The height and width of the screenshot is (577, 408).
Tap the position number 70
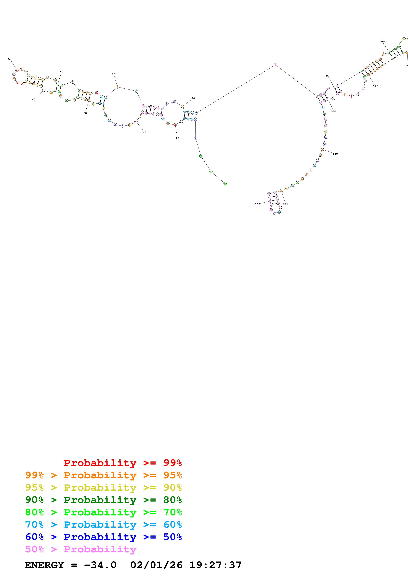[x=113, y=74]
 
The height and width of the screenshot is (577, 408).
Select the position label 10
[x=177, y=138]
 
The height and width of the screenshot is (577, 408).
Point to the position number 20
[x=144, y=132]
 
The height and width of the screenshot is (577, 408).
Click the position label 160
[x=257, y=204]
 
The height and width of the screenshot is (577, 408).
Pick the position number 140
[x=335, y=154]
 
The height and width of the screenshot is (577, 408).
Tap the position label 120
[x=375, y=86]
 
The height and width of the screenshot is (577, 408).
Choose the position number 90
[x=328, y=76]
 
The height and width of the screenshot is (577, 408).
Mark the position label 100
[x=382, y=42]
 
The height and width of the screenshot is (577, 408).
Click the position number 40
[x=34, y=100]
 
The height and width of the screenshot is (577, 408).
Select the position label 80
[x=193, y=98]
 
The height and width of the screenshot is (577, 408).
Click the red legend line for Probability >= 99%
[x=123, y=463]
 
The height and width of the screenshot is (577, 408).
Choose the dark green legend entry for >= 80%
[x=103, y=500]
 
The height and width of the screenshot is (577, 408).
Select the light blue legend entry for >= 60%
[x=103, y=525]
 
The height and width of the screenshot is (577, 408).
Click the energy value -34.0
[x=100, y=565]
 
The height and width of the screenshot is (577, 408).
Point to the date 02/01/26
[x=156, y=565]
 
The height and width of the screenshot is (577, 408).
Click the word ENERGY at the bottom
[x=44, y=565]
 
